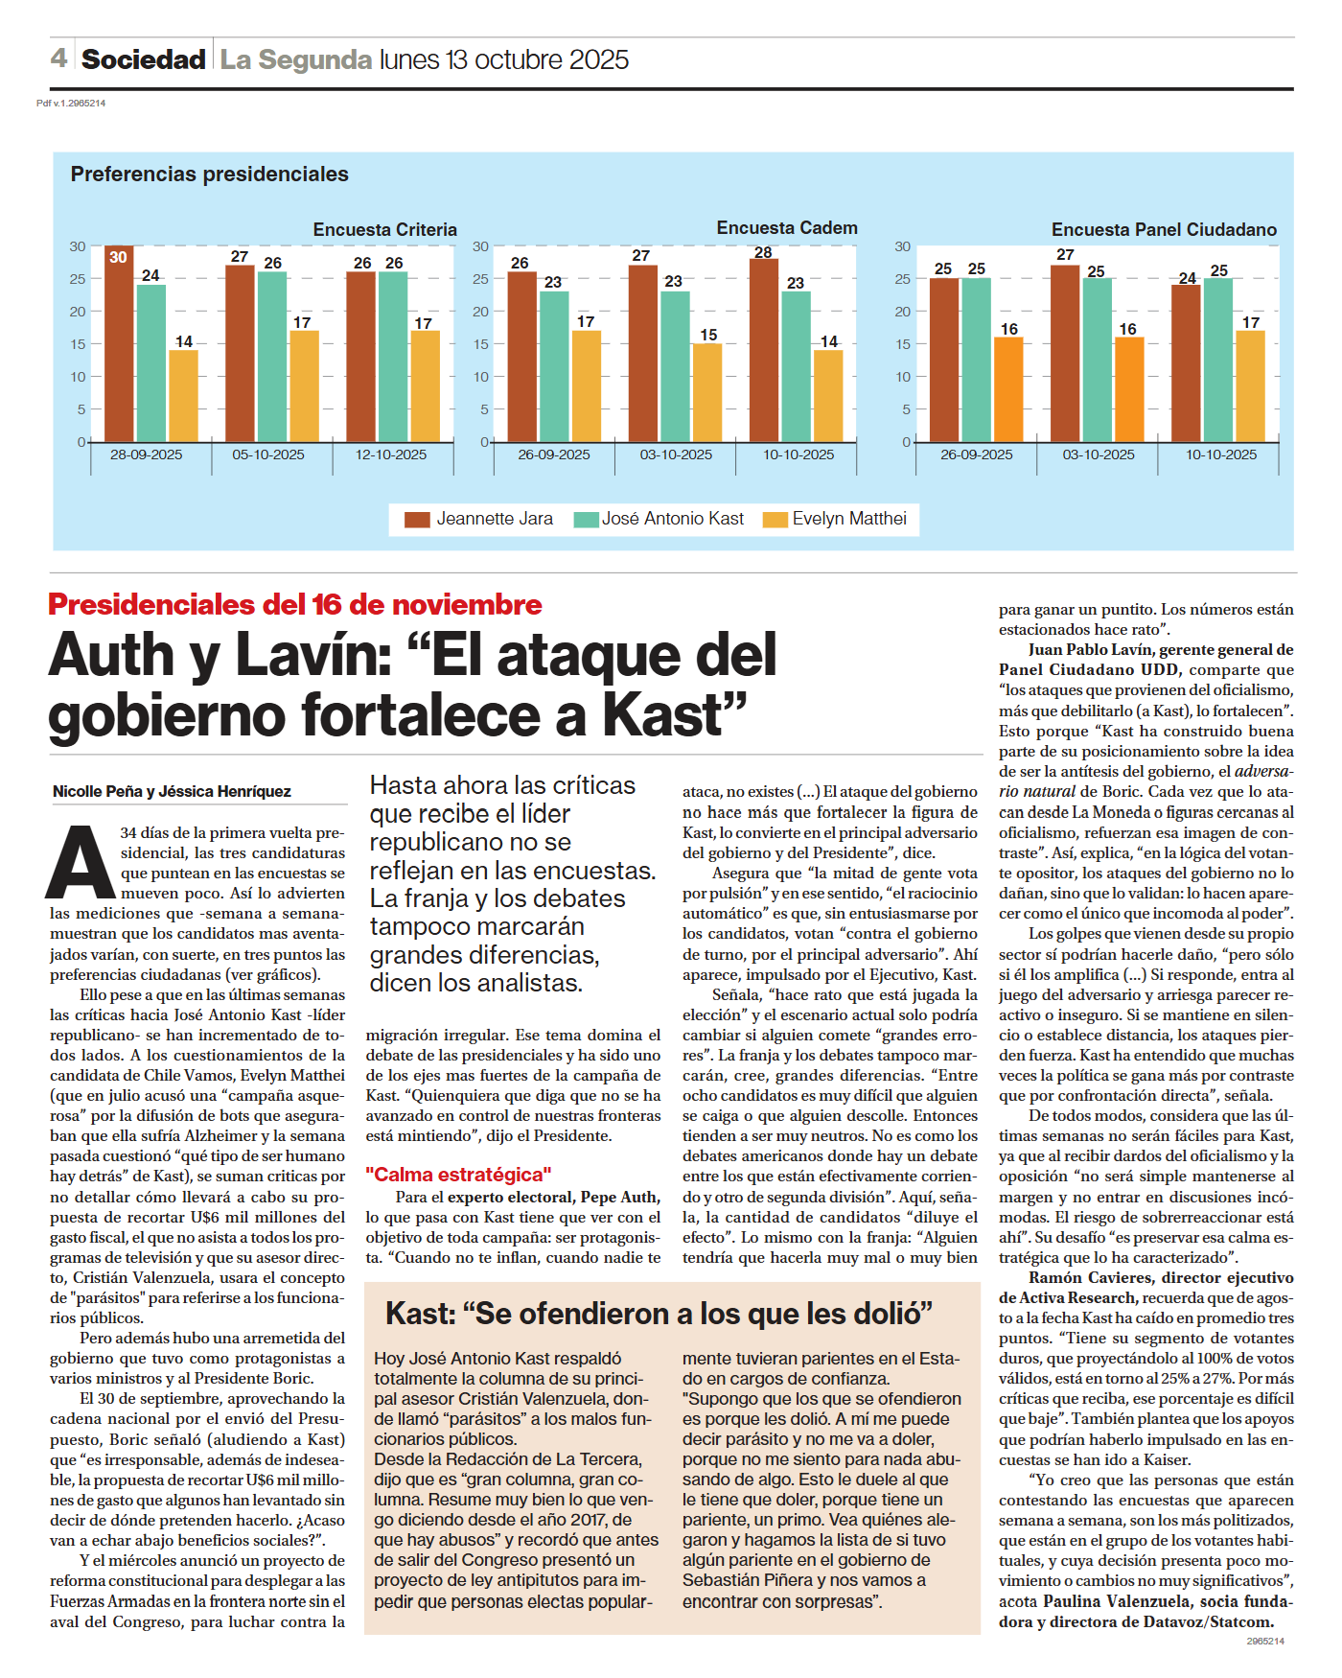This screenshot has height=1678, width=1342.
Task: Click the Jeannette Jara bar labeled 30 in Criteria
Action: (x=119, y=345)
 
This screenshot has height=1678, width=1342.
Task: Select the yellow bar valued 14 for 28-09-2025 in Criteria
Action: (x=183, y=395)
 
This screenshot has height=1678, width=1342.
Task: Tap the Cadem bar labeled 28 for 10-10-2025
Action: (x=763, y=351)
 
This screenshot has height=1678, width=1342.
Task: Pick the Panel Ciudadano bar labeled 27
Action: (x=1065, y=353)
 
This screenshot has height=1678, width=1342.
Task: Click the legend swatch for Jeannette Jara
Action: (x=417, y=520)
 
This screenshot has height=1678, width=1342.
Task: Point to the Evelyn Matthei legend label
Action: (x=848, y=519)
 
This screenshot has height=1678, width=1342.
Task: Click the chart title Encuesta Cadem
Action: (x=787, y=228)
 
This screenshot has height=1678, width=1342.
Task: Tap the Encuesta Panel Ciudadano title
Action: (x=1164, y=230)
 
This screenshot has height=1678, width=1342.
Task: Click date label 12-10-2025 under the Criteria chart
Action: (x=391, y=454)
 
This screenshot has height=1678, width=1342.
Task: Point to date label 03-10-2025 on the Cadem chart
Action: (x=676, y=454)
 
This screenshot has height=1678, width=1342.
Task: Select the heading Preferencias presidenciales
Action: (x=209, y=175)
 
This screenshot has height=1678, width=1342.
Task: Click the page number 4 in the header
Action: (x=58, y=58)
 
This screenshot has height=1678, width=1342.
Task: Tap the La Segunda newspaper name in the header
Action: (x=295, y=59)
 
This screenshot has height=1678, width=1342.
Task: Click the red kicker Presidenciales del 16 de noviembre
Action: (x=294, y=605)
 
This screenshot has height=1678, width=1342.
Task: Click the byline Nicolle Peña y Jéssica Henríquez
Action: (x=172, y=791)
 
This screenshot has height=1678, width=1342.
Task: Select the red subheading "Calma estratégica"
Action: (x=458, y=1175)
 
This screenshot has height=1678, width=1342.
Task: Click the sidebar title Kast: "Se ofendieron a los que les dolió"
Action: (x=659, y=1314)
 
